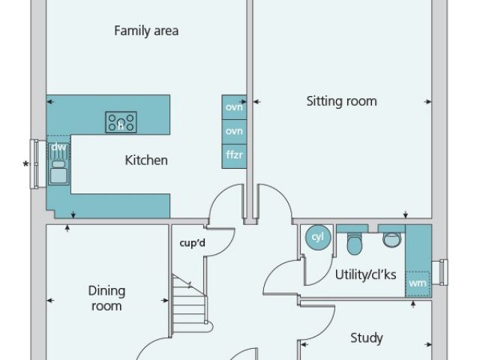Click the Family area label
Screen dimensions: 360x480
point(145,31)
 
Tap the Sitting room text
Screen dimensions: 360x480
point(341,101)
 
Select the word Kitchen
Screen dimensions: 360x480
point(145,160)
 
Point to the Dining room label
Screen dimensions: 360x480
point(106,298)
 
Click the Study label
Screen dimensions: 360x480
point(367,338)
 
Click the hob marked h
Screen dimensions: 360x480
point(121,121)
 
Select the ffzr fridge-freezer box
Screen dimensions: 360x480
point(234,155)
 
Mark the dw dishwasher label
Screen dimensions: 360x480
point(58,147)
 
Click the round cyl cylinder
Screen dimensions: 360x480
point(316,237)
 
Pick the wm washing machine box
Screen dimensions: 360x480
point(418,283)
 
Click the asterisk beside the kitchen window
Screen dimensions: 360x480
point(27,164)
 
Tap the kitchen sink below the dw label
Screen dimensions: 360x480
point(58,171)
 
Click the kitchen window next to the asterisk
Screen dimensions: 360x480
point(35,163)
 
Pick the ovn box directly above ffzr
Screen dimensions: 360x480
point(234,131)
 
